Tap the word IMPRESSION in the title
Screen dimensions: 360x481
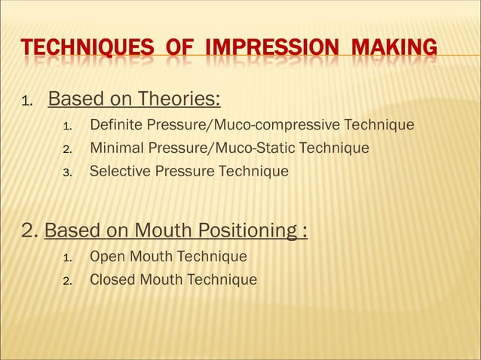[269, 50]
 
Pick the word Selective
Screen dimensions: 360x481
[120, 171]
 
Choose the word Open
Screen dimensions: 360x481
[106, 257]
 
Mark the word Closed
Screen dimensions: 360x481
[112, 280]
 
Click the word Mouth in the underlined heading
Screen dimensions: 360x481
[168, 230]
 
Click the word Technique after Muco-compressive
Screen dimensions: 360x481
[379, 124]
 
